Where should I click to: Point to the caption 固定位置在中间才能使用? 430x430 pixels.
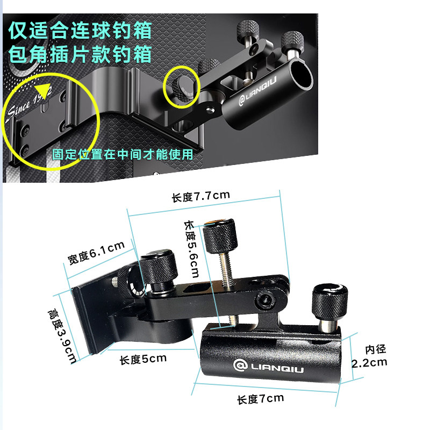tap(123, 154)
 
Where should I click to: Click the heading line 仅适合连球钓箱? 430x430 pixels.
tap(80, 30)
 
